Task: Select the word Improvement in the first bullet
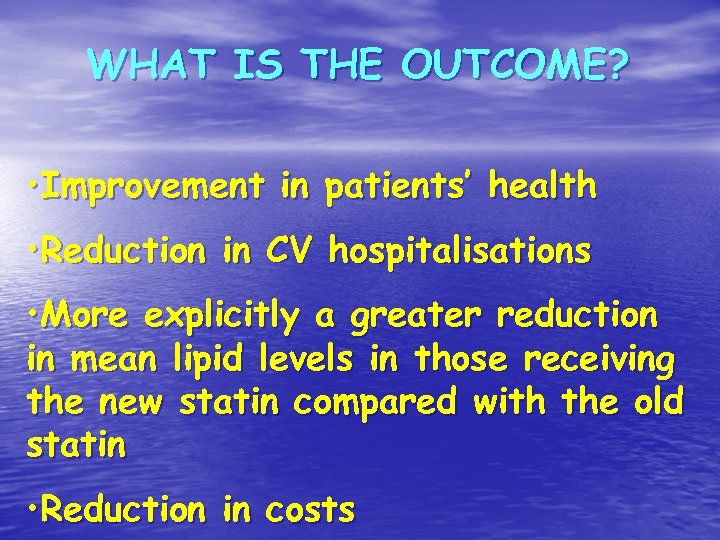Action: coord(149,186)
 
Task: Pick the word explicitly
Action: coord(222,318)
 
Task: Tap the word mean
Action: coord(97,360)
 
